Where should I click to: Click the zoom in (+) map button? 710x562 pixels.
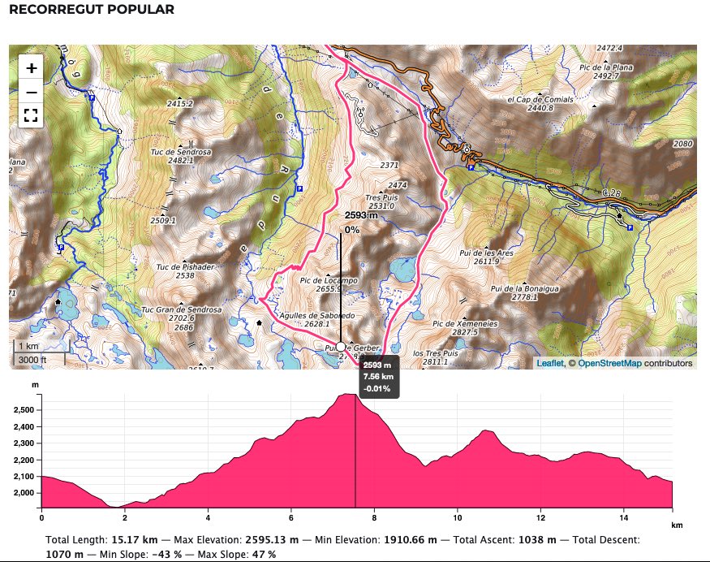tap(31, 68)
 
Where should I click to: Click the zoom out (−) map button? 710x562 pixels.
tap(31, 92)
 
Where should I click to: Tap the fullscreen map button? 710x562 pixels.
tap(31, 115)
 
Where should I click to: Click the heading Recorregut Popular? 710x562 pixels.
tap(91, 11)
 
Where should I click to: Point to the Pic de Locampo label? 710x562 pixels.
tap(329, 280)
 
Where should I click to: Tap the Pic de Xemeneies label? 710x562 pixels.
tap(465, 323)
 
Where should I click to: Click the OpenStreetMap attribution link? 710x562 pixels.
tap(609, 364)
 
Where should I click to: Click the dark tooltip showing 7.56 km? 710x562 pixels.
tap(377, 377)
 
